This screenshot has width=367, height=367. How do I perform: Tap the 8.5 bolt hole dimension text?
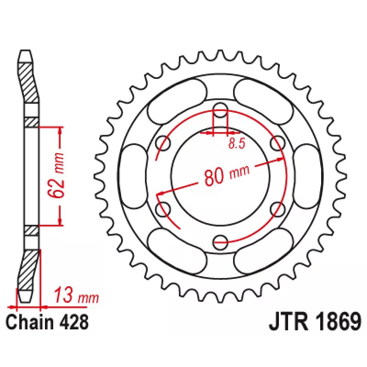click(x=237, y=143)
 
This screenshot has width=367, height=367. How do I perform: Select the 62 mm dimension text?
click(x=56, y=175)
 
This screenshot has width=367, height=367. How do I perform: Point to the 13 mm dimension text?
click(x=76, y=295)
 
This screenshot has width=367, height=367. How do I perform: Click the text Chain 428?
click(x=47, y=323)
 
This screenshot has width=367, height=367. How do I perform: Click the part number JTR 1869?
click(x=315, y=322)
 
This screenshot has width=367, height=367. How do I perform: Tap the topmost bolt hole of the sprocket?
click(x=220, y=110)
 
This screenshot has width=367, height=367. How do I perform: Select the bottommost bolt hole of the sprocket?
click(x=220, y=243)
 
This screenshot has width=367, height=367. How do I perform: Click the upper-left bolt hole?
click(x=163, y=143)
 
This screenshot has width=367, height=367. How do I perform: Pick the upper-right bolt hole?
click(x=278, y=143)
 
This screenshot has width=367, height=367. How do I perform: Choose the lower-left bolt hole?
click(x=163, y=210)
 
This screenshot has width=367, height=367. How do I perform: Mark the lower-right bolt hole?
click(x=278, y=210)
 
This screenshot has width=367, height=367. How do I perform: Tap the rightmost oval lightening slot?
click(x=307, y=176)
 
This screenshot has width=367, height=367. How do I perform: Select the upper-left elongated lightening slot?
click(x=177, y=101)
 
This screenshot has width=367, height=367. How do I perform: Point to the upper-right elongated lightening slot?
click(x=263, y=101)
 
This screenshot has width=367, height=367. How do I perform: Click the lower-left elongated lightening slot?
click(x=177, y=251)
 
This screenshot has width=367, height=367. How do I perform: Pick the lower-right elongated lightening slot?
click(x=263, y=251)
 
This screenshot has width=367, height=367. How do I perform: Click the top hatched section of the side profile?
click(x=28, y=83)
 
